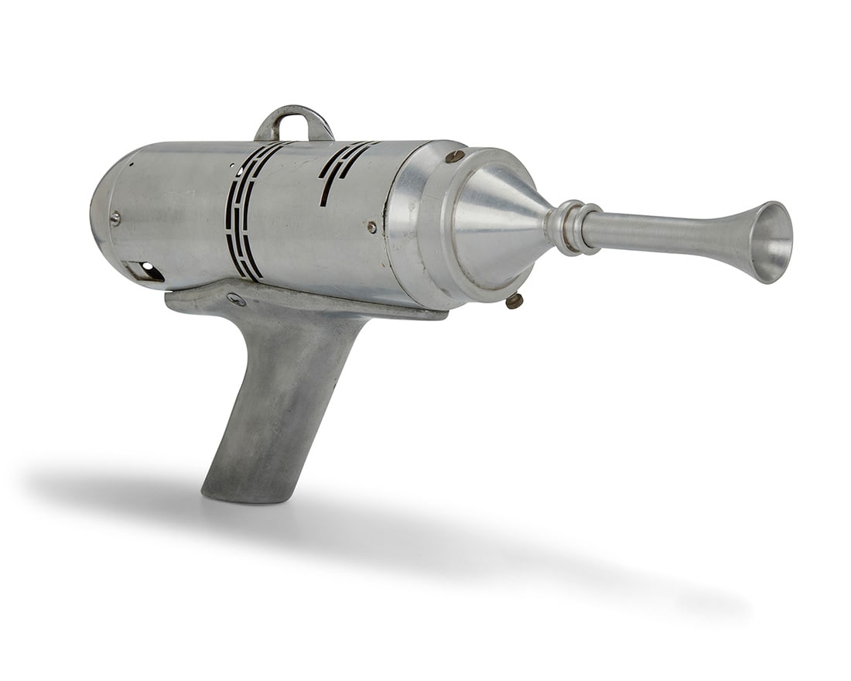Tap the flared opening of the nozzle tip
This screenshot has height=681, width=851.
point(772,241)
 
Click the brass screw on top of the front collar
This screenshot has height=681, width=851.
point(455,156)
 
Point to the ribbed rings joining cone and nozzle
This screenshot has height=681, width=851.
point(573,228)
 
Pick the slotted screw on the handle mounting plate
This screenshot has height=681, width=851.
point(237,299)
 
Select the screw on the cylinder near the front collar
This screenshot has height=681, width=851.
point(372,227)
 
